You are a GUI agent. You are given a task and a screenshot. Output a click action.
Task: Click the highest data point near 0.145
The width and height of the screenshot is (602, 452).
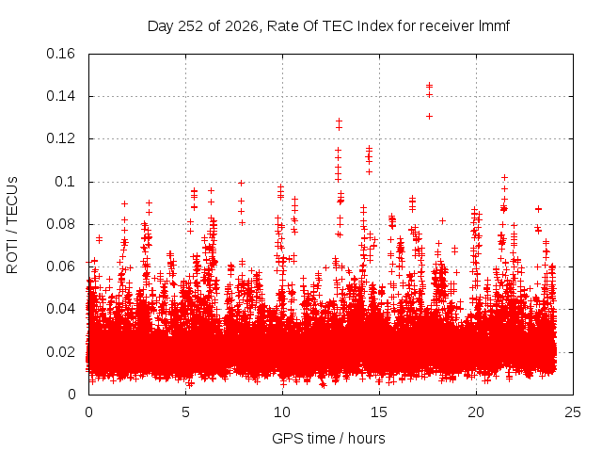click(429, 85)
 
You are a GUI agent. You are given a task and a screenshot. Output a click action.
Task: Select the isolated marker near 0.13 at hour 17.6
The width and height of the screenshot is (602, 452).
click(429, 116)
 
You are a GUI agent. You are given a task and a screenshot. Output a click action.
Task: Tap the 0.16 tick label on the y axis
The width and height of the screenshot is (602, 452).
click(60, 54)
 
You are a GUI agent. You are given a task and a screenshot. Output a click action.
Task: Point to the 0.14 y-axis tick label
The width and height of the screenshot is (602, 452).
click(60, 96)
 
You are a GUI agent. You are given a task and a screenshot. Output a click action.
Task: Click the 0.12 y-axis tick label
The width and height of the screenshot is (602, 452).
click(60, 138)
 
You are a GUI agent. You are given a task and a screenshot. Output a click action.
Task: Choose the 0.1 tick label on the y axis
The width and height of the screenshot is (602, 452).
click(65, 182)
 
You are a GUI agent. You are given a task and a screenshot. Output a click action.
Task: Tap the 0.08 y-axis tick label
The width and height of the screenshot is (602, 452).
click(60, 224)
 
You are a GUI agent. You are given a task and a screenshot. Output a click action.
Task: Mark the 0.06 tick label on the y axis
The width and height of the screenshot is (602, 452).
click(60, 266)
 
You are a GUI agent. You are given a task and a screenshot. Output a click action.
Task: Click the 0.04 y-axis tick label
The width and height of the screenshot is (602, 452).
click(60, 309)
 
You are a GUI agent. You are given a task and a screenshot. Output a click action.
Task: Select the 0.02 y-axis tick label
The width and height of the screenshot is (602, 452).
click(60, 351)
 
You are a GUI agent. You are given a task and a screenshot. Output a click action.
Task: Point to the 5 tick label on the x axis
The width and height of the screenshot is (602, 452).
click(186, 412)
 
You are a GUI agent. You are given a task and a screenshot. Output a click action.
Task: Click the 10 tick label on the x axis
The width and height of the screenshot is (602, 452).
click(282, 412)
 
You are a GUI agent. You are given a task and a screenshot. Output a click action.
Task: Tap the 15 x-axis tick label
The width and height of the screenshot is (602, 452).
click(379, 412)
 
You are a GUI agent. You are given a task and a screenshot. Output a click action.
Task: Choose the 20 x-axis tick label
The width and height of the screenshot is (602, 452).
click(476, 412)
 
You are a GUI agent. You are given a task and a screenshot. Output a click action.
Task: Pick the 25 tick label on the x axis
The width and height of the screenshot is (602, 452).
click(573, 412)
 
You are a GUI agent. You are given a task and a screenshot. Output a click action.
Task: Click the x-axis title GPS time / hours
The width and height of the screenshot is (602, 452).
click(328, 438)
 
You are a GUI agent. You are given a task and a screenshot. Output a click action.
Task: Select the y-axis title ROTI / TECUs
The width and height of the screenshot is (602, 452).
click(12, 225)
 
